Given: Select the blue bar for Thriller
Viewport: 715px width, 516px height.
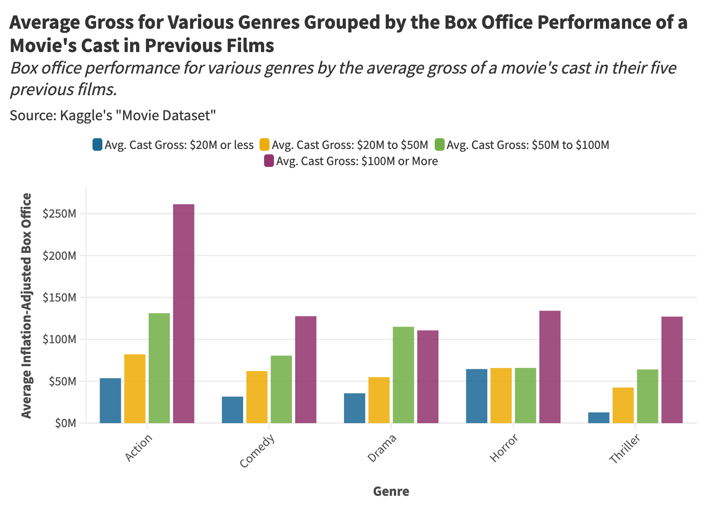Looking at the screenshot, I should (599, 418).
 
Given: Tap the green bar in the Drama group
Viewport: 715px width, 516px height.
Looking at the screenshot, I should (403, 375).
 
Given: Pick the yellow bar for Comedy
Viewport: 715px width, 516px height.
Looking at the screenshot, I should (257, 397).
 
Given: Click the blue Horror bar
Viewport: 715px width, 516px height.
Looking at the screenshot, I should (477, 396).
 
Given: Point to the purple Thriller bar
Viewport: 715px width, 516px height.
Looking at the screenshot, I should (672, 370).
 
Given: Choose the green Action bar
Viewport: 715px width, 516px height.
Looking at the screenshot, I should (159, 368).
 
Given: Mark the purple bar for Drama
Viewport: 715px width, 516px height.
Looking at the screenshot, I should (428, 376).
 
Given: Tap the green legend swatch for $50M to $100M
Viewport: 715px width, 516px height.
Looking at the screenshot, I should (440, 145).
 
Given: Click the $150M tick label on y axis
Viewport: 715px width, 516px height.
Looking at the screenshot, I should (59, 297).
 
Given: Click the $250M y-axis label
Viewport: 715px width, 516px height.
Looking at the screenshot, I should (59, 214).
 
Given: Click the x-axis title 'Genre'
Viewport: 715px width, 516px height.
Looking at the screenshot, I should (391, 491).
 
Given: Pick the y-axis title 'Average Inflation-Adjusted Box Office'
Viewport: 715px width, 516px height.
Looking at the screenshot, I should (27, 306).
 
